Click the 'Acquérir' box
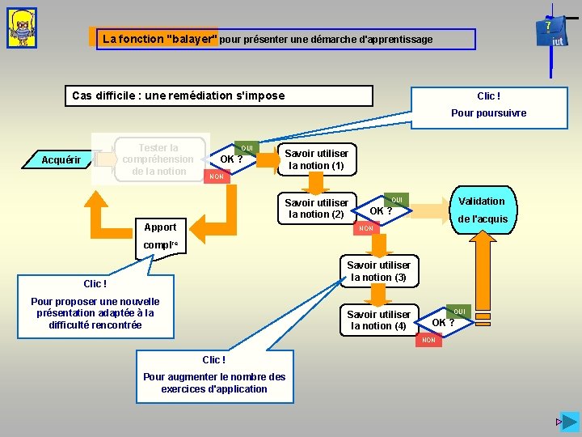tap(61, 160)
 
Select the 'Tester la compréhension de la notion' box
tap(158, 159)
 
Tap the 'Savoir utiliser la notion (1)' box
tap(316, 159)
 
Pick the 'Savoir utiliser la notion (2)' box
tap(316, 209)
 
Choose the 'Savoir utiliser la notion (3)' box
tap(378, 271)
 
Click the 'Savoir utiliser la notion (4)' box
tap(378, 320)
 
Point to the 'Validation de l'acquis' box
tap(482, 210)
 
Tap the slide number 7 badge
tap(548, 26)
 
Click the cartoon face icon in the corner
tap(22, 28)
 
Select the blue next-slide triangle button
tap(570, 422)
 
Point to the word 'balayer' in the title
tap(188, 39)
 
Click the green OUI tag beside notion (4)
tap(459, 312)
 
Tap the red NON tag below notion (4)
tap(428, 341)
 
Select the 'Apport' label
tap(160, 227)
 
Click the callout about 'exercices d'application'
tap(213, 375)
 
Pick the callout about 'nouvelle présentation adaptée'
tap(95, 307)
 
